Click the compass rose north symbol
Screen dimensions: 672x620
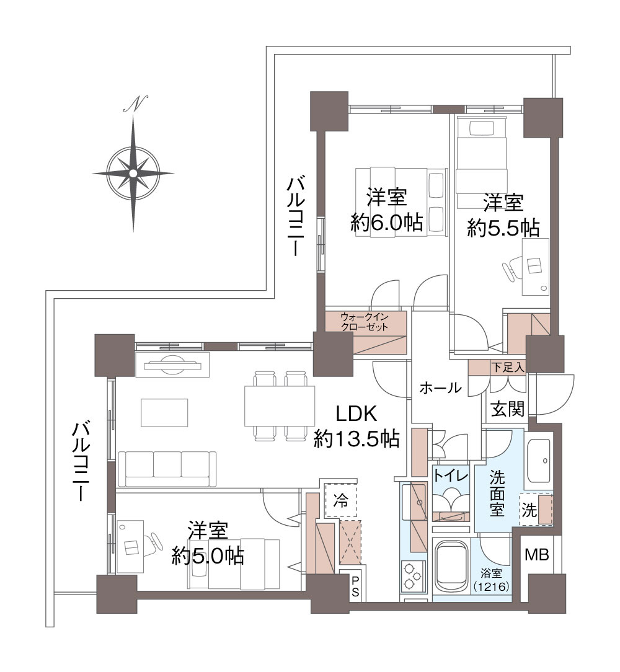pyautogui.click(x=133, y=104)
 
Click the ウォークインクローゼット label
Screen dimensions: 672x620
pyautogui.click(x=365, y=322)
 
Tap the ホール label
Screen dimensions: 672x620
pyautogui.click(x=440, y=389)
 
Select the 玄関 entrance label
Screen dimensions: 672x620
pyautogui.click(x=508, y=409)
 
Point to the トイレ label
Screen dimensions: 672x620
pyautogui.click(x=451, y=475)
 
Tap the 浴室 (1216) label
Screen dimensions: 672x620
pyautogui.click(x=491, y=580)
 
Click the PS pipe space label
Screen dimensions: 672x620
pyautogui.click(x=355, y=586)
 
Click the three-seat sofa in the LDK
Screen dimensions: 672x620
pyautogui.click(x=167, y=468)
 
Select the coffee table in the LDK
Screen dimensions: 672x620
pyautogui.click(x=164, y=412)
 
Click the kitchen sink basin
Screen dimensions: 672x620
pyautogui.click(x=412, y=496)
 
